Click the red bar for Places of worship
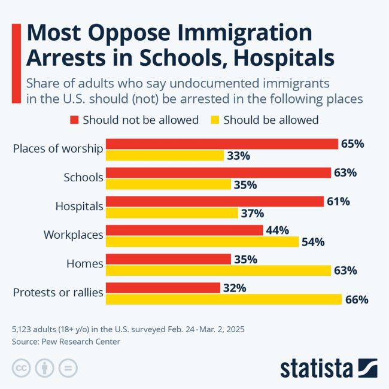[x=222, y=144]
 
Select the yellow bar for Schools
[x=168, y=184]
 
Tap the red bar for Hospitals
[x=215, y=202]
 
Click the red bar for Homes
[x=168, y=259]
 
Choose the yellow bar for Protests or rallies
[x=224, y=299]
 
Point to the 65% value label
[x=352, y=144]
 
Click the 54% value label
[x=313, y=242]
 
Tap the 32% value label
[x=234, y=288]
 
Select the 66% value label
[x=356, y=299]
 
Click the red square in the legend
[x=74, y=120]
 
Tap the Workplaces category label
[x=74, y=235]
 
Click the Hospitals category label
[x=79, y=206]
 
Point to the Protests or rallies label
[x=58, y=293]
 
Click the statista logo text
[x=317, y=367]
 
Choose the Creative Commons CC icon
[x=21, y=367]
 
